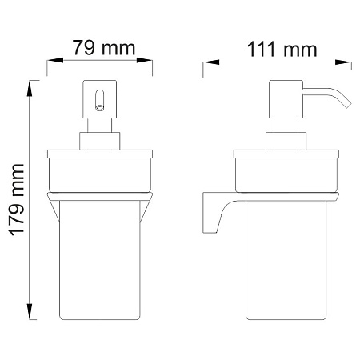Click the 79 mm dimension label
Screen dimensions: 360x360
(x=104, y=48)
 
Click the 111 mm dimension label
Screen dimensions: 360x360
(x=282, y=50)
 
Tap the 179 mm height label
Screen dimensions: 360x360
(x=17, y=200)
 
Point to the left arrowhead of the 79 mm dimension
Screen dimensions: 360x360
(x=55, y=60)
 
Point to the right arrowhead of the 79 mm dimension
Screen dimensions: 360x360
(x=144, y=60)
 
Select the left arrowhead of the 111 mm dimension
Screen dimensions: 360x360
(x=211, y=62)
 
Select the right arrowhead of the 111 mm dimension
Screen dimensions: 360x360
(x=343, y=62)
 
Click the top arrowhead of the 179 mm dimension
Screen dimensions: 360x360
(x=30, y=88)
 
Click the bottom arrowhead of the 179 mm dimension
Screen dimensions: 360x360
(x=30, y=311)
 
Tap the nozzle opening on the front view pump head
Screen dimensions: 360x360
(x=99, y=108)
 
